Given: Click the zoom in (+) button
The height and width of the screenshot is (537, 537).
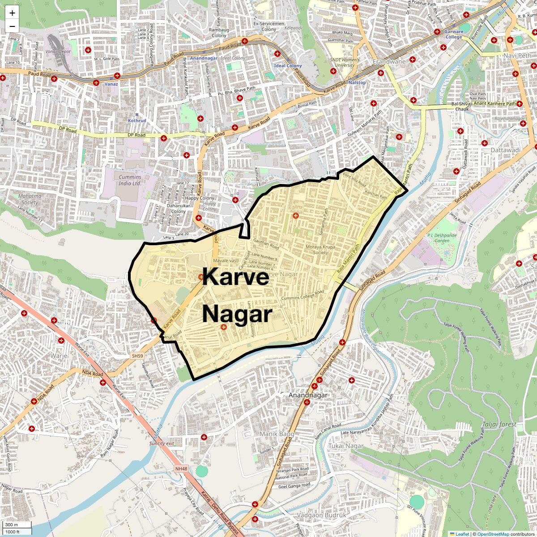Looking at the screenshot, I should click(12, 13).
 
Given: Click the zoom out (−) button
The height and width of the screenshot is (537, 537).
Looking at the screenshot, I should click(12, 26).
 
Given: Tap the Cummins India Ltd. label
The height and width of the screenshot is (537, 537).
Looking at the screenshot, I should click(130, 180).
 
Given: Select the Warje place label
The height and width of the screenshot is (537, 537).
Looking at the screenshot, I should click(59, 356).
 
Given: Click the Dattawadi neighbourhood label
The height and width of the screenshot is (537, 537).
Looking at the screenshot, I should click(506, 150).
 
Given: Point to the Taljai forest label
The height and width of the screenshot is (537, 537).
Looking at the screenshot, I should click(499, 424).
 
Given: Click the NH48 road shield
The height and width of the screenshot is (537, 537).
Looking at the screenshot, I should click(181, 469).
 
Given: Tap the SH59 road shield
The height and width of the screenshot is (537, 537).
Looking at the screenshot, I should click(137, 356).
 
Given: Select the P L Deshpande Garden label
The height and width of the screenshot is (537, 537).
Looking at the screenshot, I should click(442, 238).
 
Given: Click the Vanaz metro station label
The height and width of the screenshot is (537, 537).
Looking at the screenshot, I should click(111, 84).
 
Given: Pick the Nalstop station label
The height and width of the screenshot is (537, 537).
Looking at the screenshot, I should click(357, 83).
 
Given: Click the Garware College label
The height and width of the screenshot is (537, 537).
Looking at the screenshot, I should click(453, 34).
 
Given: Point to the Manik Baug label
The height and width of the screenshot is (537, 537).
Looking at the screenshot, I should click(277, 434).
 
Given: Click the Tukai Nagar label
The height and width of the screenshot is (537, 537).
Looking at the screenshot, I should click(345, 446).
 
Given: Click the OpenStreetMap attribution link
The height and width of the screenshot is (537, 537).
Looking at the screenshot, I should click(493, 534).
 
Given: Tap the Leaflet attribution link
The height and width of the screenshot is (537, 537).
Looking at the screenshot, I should click(462, 534).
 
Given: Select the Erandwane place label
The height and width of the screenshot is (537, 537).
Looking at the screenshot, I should click(389, 62).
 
